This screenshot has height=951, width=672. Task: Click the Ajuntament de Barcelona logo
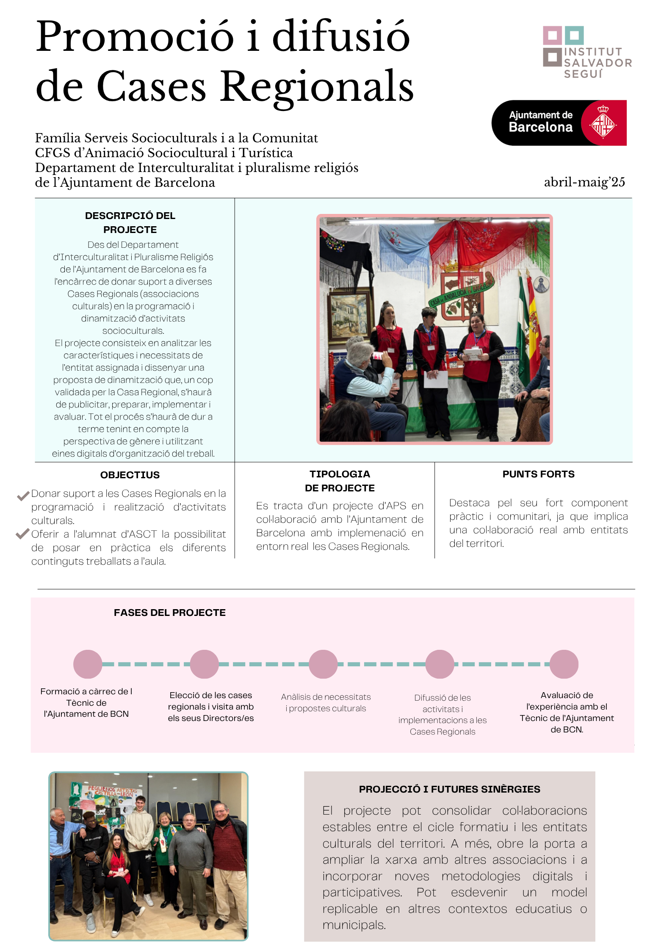[x=559, y=123]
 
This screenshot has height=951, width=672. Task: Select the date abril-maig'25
[x=584, y=182]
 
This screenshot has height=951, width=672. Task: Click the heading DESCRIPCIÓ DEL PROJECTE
[x=130, y=222]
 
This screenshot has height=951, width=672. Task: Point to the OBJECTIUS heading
[x=130, y=475]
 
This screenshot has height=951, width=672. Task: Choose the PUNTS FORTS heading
[x=538, y=474]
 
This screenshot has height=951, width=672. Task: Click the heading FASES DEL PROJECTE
[x=169, y=613]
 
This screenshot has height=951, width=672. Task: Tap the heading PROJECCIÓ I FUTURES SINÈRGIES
[x=449, y=789]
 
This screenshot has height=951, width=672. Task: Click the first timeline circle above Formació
[x=88, y=664]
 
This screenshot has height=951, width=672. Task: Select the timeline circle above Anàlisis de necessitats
[x=323, y=664]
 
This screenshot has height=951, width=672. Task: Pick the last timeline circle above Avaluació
[x=564, y=664]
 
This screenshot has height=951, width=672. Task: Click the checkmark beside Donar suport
[x=23, y=495]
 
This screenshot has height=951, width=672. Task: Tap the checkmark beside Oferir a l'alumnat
[x=22, y=534]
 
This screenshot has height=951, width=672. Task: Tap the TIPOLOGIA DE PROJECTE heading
[x=340, y=481]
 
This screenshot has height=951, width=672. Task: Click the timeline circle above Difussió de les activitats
[x=440, y=664]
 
